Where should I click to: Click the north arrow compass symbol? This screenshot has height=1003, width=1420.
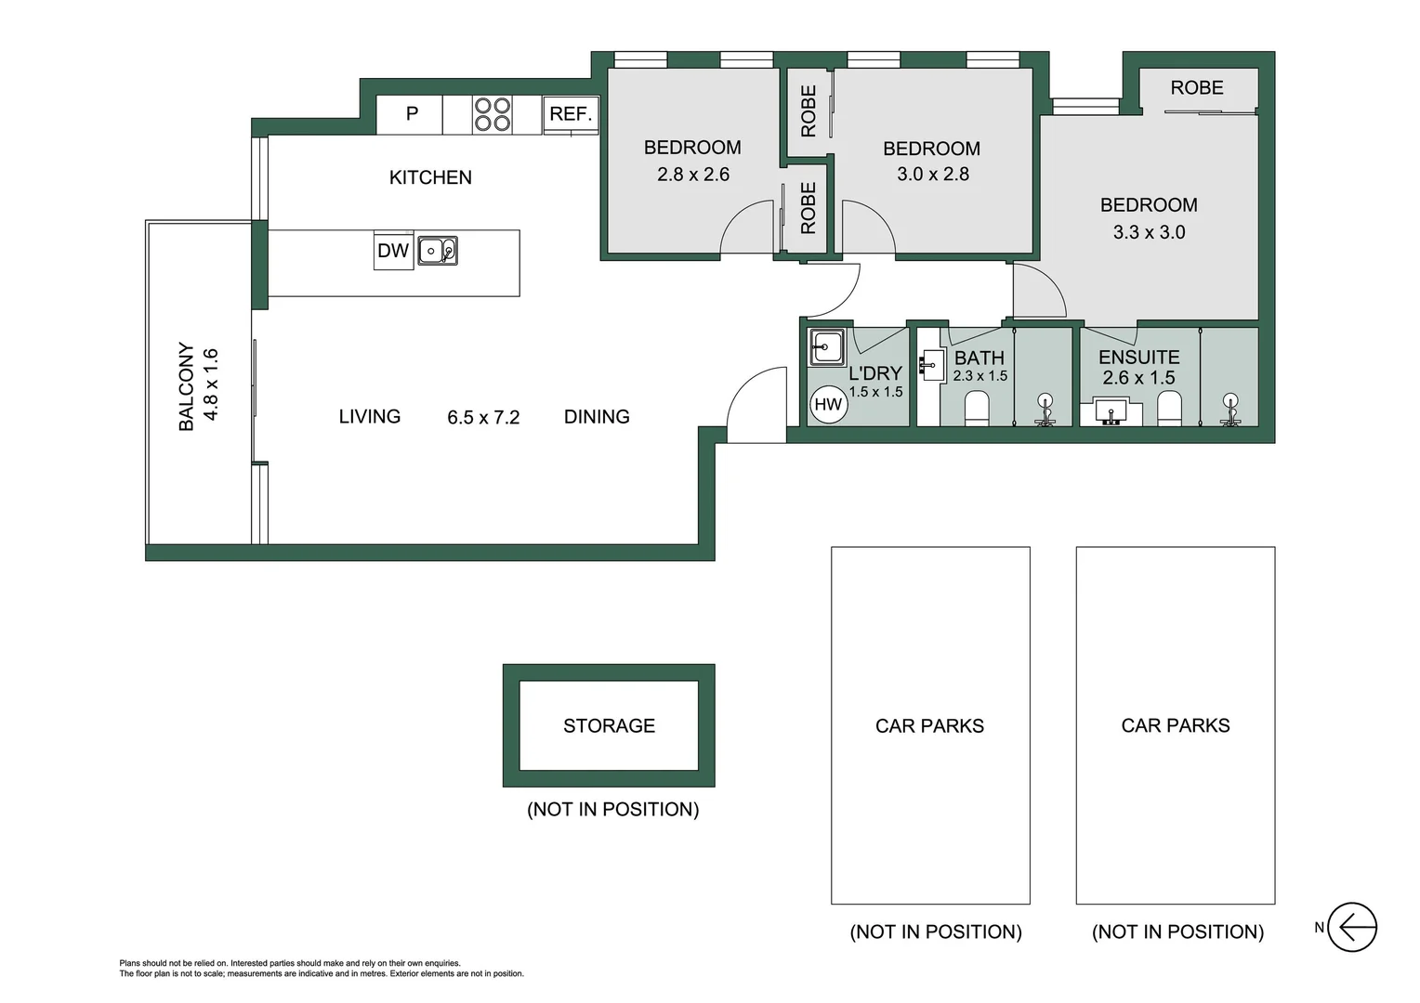click(1351, 927)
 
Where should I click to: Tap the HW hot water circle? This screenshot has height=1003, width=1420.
click(827, 404)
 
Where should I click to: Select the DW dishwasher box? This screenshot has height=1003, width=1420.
click(393, 251)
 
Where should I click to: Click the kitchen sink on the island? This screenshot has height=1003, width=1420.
click(437, 251)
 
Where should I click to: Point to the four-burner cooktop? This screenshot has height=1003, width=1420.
click(493, 114)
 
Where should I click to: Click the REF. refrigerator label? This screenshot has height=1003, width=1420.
click(571, 114)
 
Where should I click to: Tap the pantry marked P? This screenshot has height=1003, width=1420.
click(412, 114)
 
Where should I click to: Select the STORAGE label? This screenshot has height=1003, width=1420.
click(609, 725)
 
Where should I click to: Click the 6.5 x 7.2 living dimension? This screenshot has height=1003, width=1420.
click(483, 418)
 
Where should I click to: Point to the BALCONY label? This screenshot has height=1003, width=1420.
click(186, 386)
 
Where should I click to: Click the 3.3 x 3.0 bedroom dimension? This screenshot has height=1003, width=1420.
click(1149, 232)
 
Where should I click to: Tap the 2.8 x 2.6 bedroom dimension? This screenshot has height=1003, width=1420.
click(693, 175)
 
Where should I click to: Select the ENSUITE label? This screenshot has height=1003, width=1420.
click(1138, 358)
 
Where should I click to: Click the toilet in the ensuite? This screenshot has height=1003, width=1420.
click(1169, 408)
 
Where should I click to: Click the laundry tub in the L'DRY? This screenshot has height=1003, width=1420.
click(825, 347)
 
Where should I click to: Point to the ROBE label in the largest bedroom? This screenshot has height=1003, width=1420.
click(1196, 88)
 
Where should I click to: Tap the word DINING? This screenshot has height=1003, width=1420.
click(597, 417)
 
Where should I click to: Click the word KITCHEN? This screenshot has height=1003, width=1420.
click(430, 177)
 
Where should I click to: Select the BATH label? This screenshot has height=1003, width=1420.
click(979, 358)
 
